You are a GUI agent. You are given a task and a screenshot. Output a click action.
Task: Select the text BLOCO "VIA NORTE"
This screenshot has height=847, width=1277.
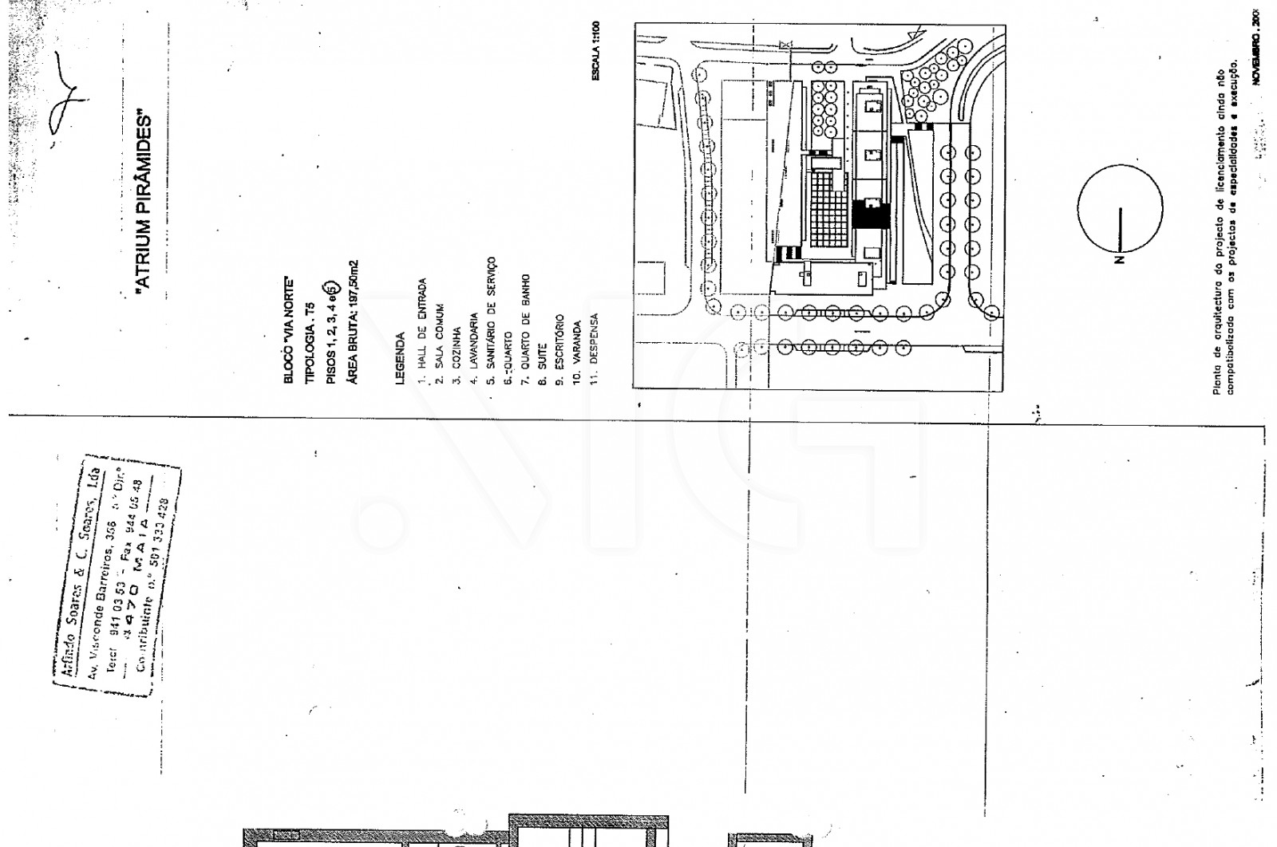tap(289, 330)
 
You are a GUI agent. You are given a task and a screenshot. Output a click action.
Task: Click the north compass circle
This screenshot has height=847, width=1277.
tap(1120, 207)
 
